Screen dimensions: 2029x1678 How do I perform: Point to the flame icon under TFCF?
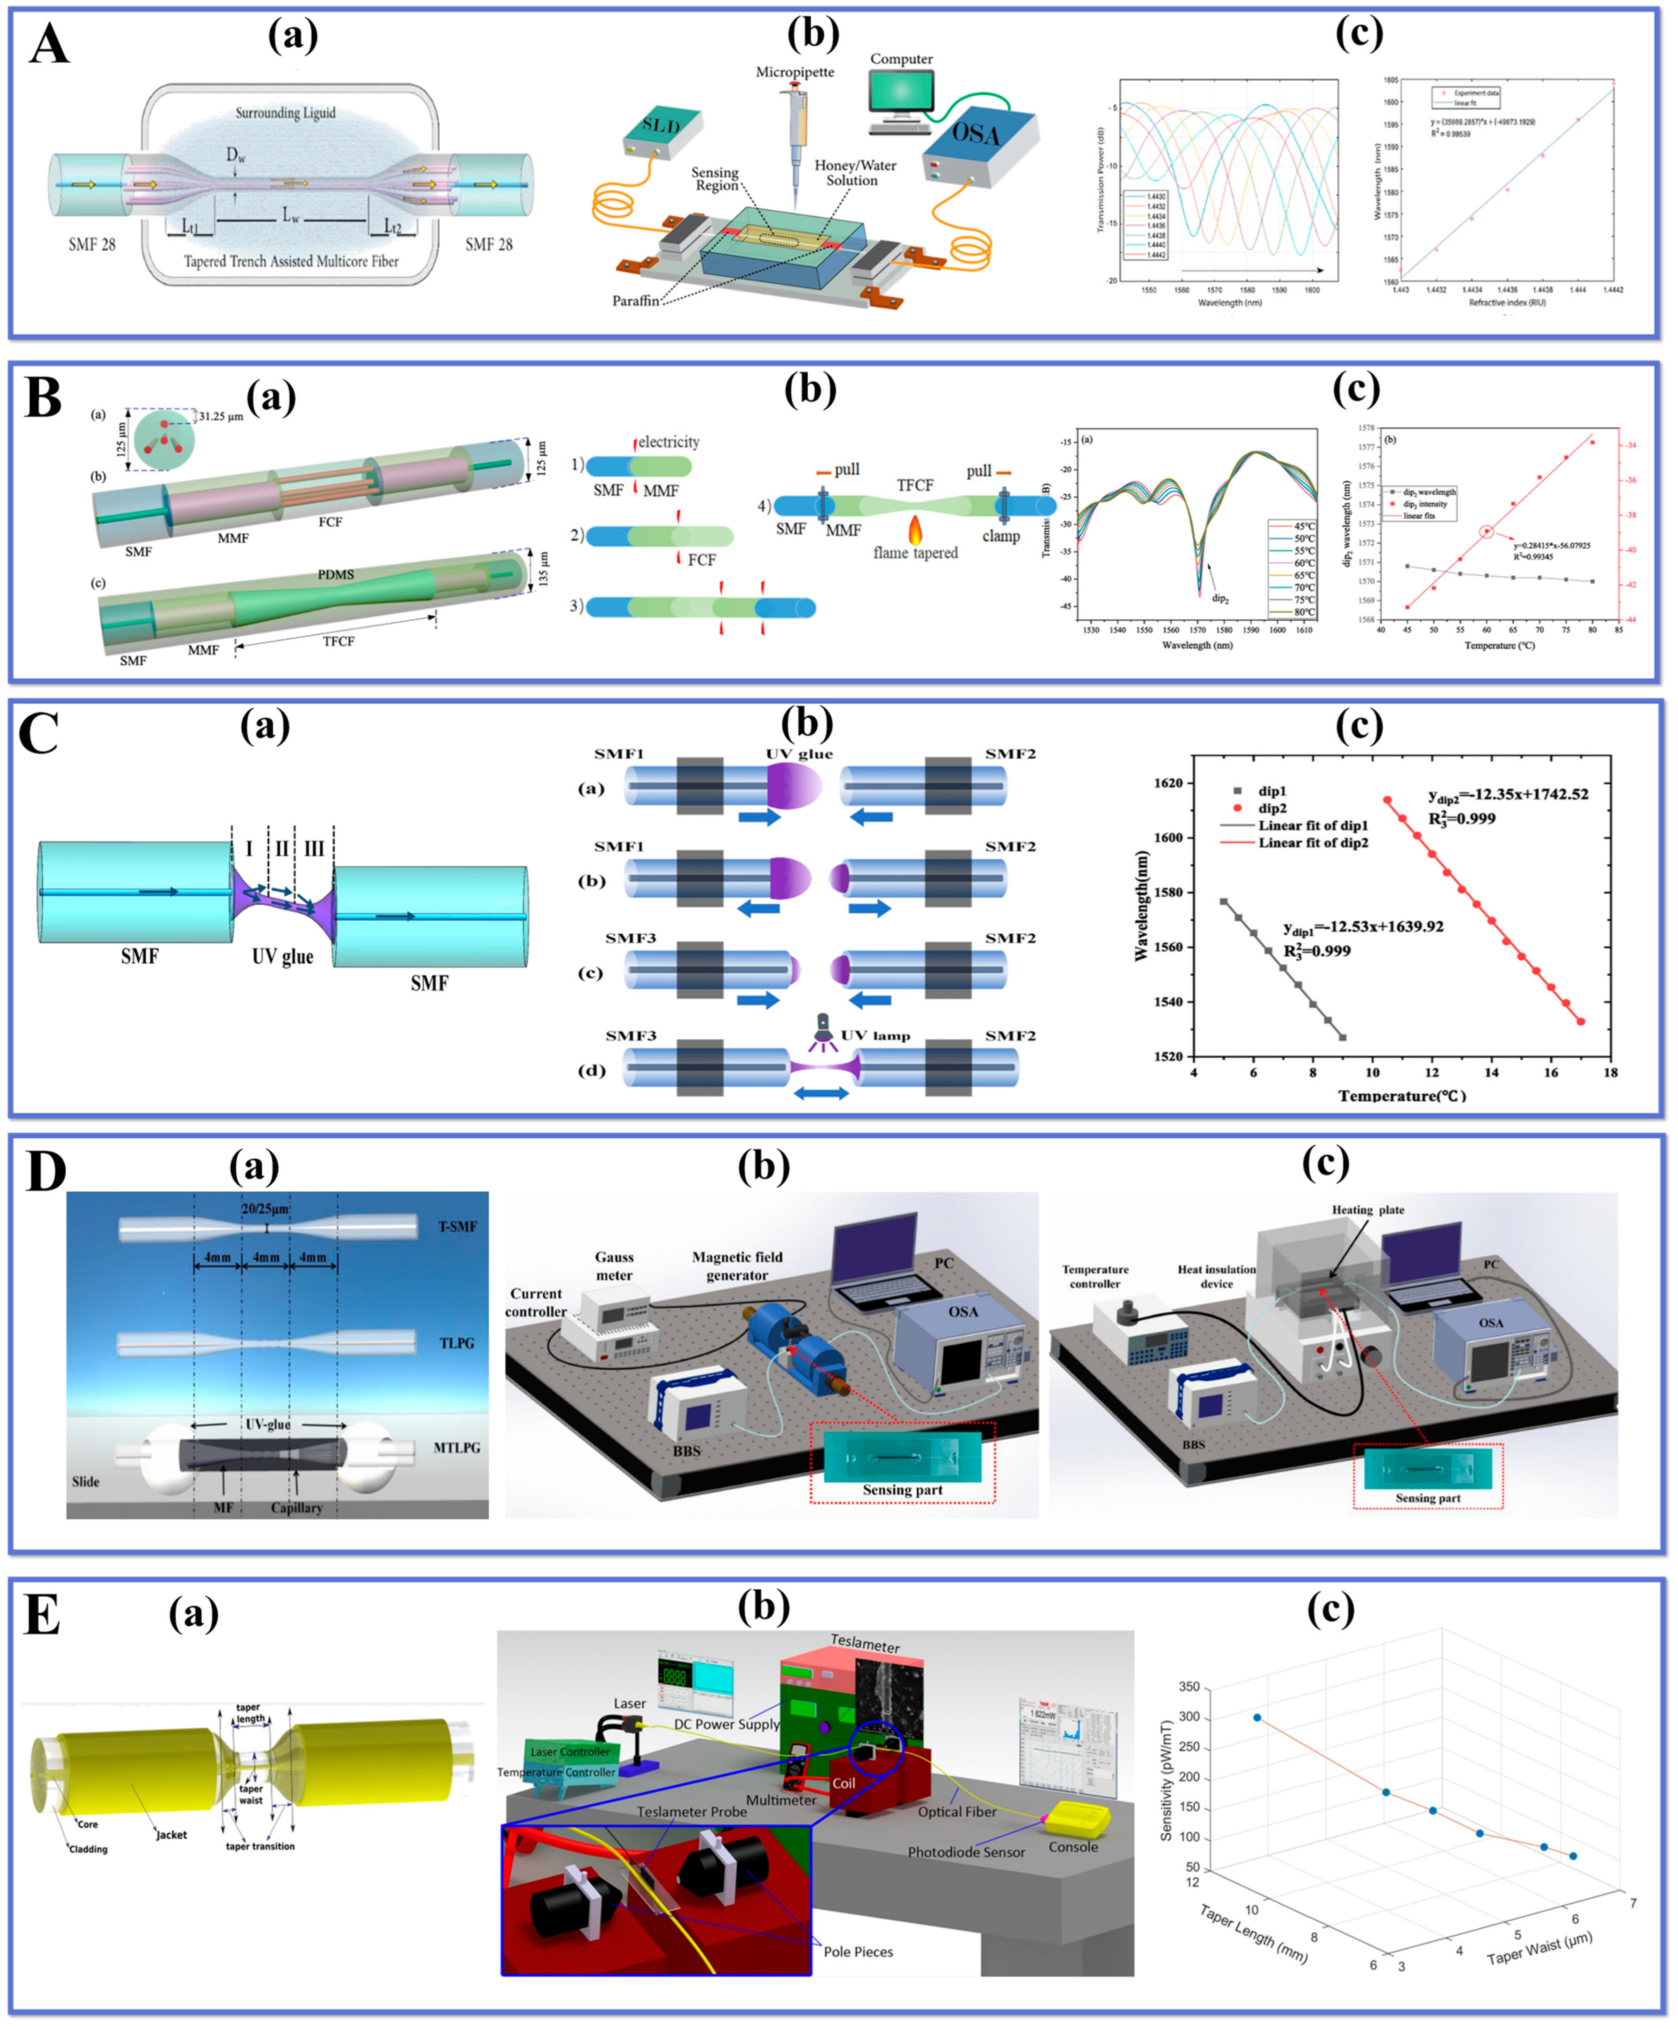914,529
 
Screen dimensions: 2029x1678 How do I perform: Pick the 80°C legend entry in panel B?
1292,612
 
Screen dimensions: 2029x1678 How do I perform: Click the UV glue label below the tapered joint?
282,957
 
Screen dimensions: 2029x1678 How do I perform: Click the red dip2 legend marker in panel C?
1238,808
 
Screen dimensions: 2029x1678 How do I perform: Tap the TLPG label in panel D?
457,1343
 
